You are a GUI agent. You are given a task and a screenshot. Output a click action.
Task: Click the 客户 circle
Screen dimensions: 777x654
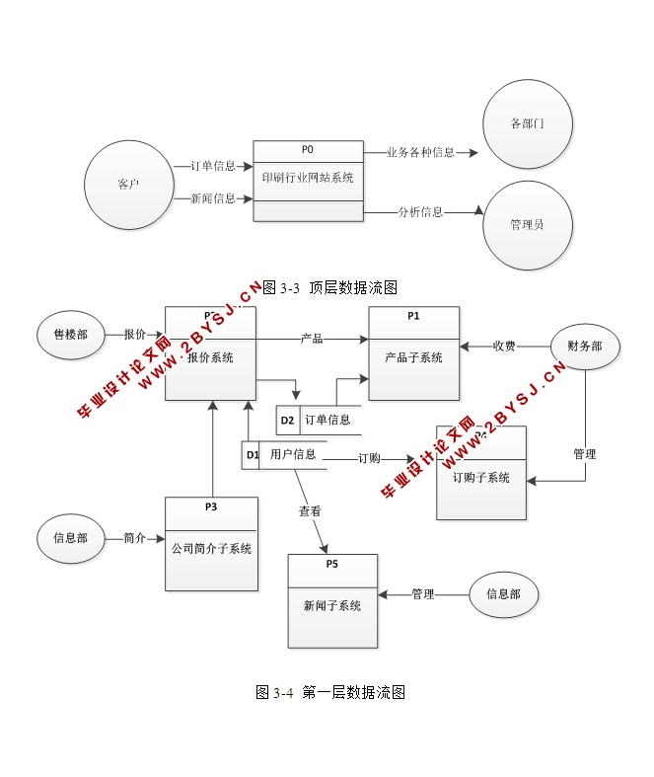click(128, 185)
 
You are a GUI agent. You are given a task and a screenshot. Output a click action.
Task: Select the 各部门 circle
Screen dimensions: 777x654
click(527, 125)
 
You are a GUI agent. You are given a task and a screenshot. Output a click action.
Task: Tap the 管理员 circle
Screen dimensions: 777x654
click(527, 225)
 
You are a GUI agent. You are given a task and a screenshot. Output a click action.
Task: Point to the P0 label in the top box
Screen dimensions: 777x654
click(307, 150)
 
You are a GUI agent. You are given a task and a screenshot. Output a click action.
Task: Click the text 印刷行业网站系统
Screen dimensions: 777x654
click(308, 179)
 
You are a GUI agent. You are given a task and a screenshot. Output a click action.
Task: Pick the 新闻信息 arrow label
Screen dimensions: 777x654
click(213, 198)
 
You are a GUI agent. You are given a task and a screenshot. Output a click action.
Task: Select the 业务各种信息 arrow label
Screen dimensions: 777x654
click(420, 153)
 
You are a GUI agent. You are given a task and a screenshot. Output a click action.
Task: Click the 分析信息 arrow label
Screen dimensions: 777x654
click(420, 211)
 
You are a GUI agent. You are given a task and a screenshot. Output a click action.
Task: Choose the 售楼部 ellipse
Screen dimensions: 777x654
click(70, 335)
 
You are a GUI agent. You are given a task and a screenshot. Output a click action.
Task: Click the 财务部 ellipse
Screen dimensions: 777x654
click(586, 347)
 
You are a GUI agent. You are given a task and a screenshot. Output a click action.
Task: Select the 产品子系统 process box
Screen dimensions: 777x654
click(414, 353)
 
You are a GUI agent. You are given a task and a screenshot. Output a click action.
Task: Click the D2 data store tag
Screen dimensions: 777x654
click(287, 421)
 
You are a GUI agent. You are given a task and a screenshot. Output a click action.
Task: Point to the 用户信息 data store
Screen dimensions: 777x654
click(293, 455)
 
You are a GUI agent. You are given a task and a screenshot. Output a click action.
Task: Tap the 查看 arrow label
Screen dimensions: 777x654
click(310, 511)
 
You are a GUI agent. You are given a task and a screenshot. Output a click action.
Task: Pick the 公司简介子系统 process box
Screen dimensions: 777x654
click(211, 544)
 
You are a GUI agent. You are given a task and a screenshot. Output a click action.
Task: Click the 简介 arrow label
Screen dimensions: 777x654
click(135, 538)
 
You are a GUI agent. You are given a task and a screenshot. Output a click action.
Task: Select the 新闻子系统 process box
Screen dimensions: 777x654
click(332, 601)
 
